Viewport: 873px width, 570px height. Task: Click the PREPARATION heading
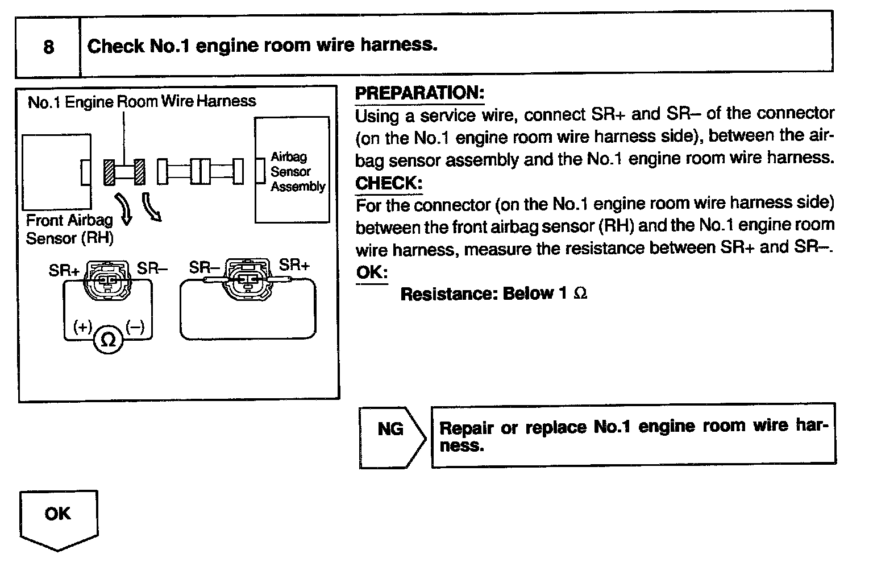coord(419,93)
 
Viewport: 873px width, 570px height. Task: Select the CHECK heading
coord(389,183)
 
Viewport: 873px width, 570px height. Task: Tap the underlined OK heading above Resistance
coord(371,272)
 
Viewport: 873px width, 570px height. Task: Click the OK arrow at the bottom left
coord(58,519)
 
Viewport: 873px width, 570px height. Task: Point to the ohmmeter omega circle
coord(107,340)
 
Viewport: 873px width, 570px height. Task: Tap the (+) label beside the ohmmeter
coord(82,327)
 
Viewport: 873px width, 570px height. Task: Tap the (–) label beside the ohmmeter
coord(135,327)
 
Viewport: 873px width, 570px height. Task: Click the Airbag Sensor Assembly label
coord(297,171)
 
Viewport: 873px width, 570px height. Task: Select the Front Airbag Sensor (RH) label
coord(69,229)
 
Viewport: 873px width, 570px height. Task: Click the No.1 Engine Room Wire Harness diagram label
coord(142,102)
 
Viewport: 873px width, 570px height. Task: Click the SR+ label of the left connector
coord(64,270)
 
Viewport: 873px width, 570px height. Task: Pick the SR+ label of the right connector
coord(294,265)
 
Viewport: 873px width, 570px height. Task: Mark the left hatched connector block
coord(109,172)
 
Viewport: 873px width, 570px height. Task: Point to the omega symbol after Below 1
coord(580,294)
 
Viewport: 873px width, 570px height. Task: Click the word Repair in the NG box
coord(467,428)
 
